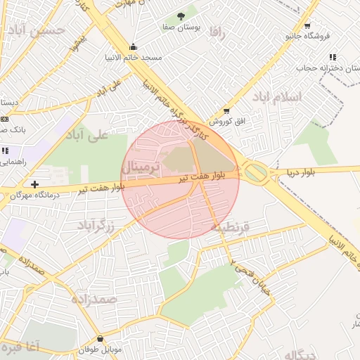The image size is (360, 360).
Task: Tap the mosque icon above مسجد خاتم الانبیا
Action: click(133, 47)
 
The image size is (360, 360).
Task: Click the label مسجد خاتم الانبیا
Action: click(134, 57)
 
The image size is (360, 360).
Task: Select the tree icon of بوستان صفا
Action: click(181, 15)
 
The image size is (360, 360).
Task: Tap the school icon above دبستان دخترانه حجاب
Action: click(332, 58)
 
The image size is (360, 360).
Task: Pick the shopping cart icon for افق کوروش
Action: click(226, 110)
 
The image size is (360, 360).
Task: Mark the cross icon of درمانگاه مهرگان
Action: click(34, 184)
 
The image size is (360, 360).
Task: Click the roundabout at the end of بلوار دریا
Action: click(255, 172)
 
